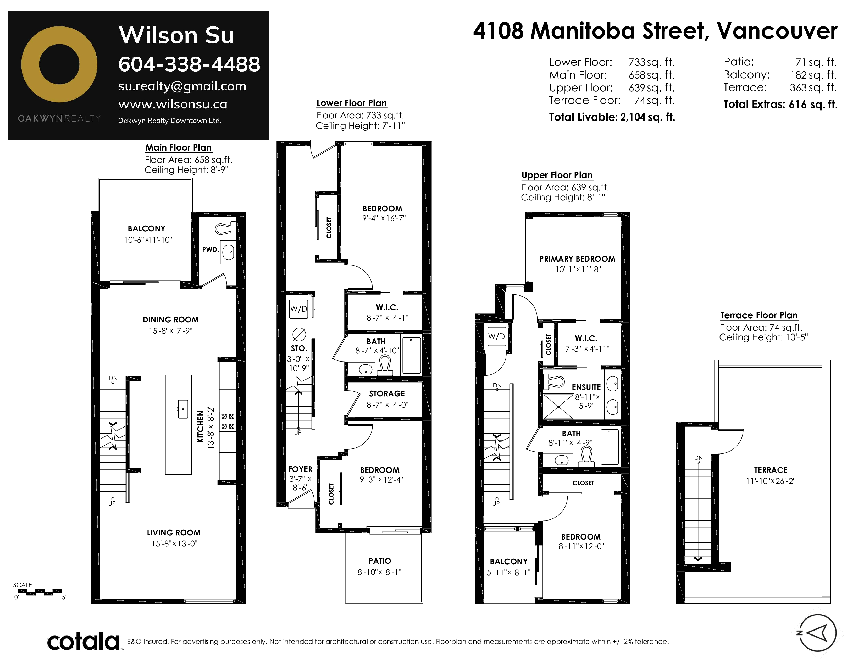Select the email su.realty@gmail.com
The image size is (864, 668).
[x=182, y=86]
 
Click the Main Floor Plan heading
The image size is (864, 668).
[x=178, y=147]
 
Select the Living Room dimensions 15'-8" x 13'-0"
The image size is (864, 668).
[x=174, y=544]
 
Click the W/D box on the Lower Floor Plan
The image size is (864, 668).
[x=299, y=309]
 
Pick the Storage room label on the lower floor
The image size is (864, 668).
[x=387, y=394]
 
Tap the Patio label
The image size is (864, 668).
[x=380, y=561]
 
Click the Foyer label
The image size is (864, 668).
[x=300, y=469]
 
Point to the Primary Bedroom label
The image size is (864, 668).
[x=577, y=259]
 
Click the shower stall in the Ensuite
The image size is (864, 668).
[x=558, y=406]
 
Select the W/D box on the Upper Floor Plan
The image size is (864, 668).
[x=496, y=336]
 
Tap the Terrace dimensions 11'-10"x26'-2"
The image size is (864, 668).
[x=771, y=481]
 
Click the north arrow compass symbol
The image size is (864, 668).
[x=817, y=633]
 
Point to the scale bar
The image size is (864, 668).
[x=40, y=592]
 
